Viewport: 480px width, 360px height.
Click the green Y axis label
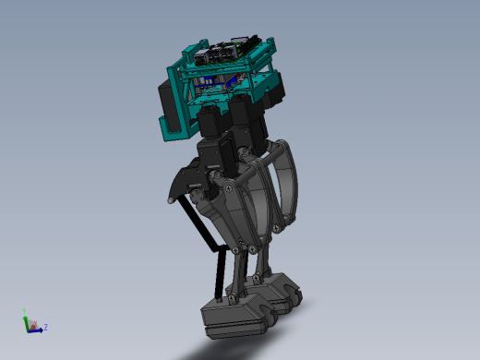tap(24, 312)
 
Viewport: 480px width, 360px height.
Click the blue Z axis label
tap(45, 327)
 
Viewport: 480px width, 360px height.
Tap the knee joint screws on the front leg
tap(241, 247)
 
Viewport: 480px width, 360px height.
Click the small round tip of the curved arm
tap(169, 200)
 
